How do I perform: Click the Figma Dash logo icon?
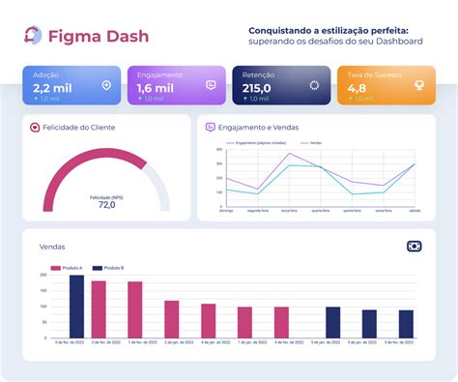tap(33, 36)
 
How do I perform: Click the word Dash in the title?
tap(121, 36)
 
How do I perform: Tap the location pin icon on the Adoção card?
tap(106, 85)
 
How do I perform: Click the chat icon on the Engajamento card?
tap(211, 85)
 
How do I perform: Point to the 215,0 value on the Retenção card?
tap(257, 87)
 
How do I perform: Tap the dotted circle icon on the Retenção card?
tap(314, 85)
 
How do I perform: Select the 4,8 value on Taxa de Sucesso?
tap(358, 87)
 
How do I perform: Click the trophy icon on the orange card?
tap(418, 85)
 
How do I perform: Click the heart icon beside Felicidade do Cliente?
tap(35, 127)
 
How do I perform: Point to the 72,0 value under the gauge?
tap(106, 205)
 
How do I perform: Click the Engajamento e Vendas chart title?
tap(259, 127)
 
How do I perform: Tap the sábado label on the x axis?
tap(415, 209)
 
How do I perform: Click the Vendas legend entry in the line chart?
tap(315, 142)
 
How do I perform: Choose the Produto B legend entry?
tap(111, 267)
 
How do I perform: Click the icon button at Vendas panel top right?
tap(415, 247)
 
